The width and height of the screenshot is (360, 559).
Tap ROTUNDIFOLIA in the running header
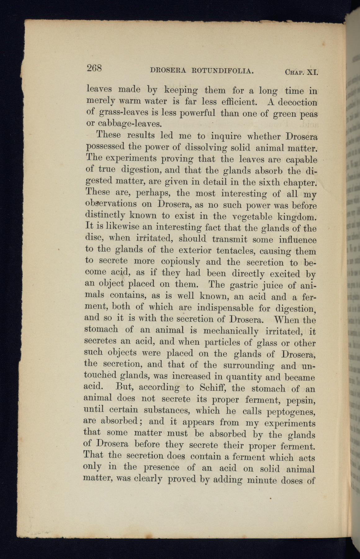tap(223, 71)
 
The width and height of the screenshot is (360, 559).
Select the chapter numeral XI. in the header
tap(312, 73)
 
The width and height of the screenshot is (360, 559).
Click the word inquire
tap(227, 137)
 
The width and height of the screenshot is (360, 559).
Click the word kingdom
tap(296, 216)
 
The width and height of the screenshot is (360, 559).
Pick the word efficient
tap(237, 102)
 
